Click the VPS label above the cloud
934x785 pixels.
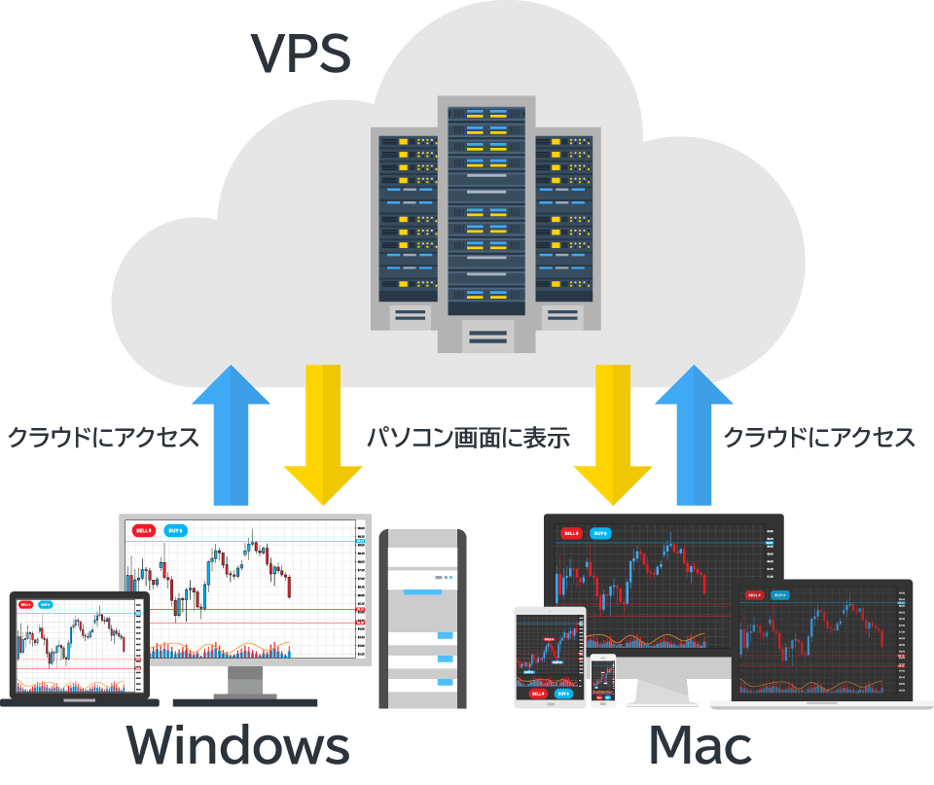[x=301, y=54]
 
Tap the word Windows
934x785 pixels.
[x=237, y=747]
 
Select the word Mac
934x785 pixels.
[x=700, y=747]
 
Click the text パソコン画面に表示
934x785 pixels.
[x=467, y=438]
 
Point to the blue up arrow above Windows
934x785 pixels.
[x=231, y=433]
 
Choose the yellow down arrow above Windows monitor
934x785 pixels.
[x=323, y=433]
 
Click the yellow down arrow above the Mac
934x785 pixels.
[x=612, y=433]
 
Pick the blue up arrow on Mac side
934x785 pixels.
[x=695, y=433]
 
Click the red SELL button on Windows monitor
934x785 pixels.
[x=144, y=530]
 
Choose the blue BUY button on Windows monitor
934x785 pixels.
[x=175, y=530]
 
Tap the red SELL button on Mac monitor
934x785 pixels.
[x=568, y=533]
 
